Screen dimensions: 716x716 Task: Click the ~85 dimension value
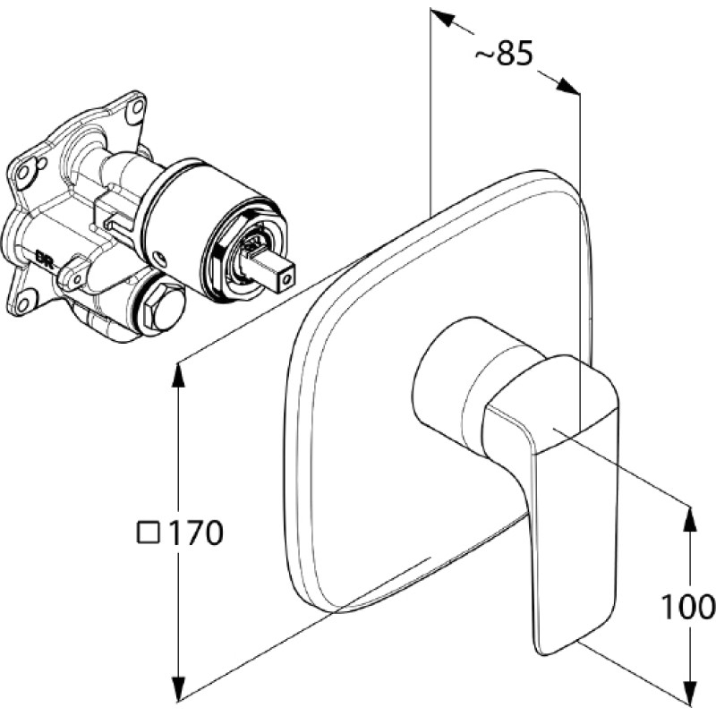coord(504,53)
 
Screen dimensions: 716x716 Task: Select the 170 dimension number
coord(195,532)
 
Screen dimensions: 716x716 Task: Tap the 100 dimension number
coord(688,607)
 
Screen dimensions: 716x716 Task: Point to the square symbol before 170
coord(149,533)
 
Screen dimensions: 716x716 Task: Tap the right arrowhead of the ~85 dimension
coord(567,86)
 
